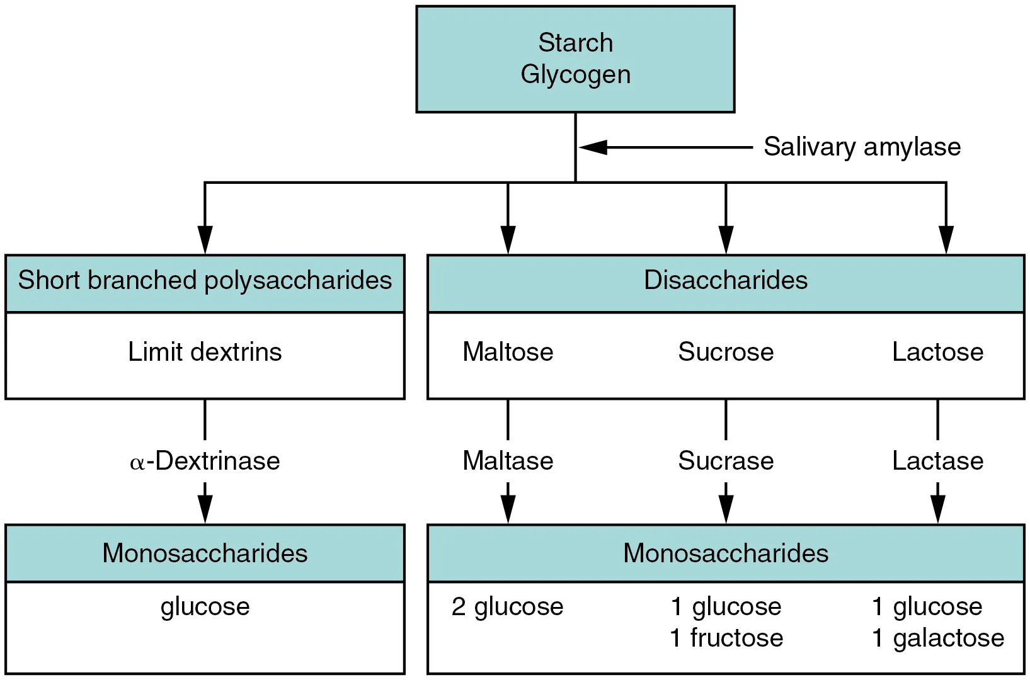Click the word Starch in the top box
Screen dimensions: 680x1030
point(575,43)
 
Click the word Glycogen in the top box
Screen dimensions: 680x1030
point(575,74)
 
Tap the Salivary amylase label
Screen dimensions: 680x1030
point(862,147)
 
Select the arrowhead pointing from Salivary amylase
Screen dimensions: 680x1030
point(593,147)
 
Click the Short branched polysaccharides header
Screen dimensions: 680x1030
point(205,280)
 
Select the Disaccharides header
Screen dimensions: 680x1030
point(725,280)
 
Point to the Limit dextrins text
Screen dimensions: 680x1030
point(205,351)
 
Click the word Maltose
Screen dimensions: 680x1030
point(508,351)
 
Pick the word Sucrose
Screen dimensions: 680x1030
point(726,351)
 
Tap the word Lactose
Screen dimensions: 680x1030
point(937,351)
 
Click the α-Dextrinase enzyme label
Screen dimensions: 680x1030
point(205,461)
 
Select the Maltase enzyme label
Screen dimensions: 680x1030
point(508,461)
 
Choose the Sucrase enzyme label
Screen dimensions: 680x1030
point(726,461)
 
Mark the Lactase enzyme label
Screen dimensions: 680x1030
point(937,461)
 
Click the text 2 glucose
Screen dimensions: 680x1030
point(508,606)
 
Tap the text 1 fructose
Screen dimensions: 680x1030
point(726,638)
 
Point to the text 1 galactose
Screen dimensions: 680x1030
point(937,638)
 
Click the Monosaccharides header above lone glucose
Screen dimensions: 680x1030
point(205,553)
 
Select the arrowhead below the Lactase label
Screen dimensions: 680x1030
point(937,509)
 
